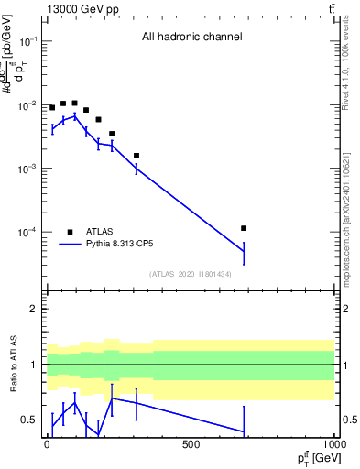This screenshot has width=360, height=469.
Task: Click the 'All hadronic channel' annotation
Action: [x=191, y=38]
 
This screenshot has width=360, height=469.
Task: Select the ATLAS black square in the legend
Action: [x=70, y=232]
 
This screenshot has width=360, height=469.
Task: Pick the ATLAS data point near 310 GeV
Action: [x=136, y=156]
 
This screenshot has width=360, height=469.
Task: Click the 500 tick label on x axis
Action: [x=191, y=444]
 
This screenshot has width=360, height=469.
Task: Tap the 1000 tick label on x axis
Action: [x=333, y=444]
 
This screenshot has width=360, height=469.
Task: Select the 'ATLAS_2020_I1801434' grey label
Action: [x=191, y=274]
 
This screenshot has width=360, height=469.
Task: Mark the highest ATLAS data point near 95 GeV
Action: [x=74, y=103]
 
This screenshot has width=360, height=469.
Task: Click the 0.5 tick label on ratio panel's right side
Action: [x=347, y=420]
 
